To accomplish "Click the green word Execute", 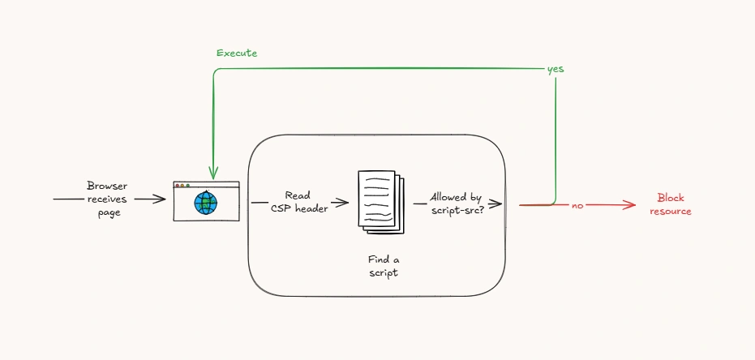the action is (237, 53).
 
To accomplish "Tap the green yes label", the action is (556, 69).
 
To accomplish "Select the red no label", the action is (577, 205).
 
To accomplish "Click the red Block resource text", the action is (670, 204).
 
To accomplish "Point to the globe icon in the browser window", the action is (206, 203).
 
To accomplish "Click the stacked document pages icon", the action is (381, 202).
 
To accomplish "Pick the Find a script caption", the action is (384, 266).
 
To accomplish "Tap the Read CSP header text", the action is (298, 202).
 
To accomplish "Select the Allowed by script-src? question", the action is (457, 204).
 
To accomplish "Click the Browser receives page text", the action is (107, 199).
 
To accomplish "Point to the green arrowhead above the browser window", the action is (212, 173).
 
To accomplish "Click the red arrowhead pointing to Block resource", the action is (629, 205).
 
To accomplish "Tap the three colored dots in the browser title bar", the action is (182, 186).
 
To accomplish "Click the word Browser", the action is (107, 186).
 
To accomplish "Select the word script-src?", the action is (457, 210).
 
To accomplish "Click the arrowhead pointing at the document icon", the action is (342, 203).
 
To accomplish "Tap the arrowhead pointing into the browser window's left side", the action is (160, 199).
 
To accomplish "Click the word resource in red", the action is (670, 211).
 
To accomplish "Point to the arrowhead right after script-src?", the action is (496, 204).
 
